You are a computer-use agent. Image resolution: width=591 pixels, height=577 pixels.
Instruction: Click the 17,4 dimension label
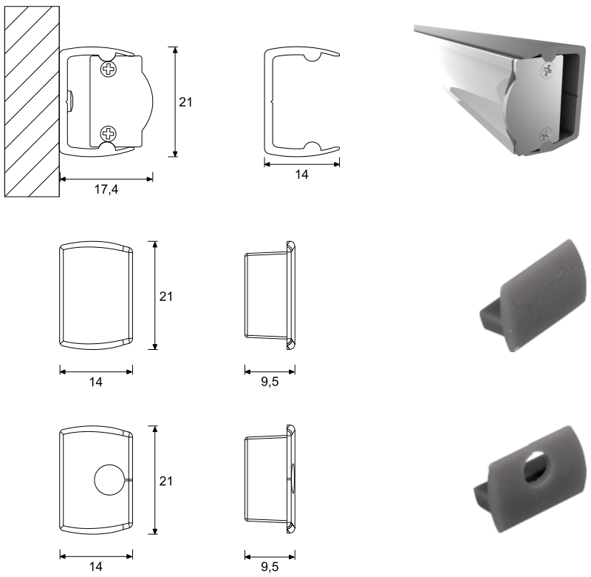[106, 189]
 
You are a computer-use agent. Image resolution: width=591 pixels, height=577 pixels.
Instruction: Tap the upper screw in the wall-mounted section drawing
[109, 70]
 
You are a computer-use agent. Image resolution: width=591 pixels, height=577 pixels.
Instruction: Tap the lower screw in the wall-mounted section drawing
[109, 133]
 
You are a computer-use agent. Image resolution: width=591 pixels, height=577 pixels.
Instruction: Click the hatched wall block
[32, 101]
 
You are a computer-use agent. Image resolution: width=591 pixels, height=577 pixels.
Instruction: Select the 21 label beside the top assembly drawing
[185, 102]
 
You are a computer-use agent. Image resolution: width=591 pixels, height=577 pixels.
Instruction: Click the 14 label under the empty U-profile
[301, 175]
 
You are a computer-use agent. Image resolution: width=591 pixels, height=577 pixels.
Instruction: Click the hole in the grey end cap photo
[534, 467]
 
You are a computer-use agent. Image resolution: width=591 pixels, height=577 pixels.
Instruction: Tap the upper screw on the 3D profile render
[547, 70]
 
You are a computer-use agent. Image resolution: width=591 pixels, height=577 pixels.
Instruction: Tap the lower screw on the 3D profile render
[545, 135]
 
